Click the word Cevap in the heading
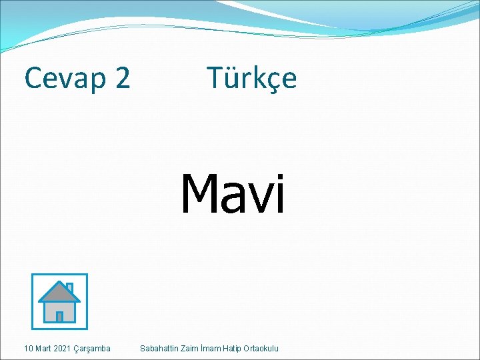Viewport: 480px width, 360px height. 64,79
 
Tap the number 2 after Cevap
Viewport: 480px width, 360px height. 122,78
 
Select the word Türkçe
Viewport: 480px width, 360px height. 251,78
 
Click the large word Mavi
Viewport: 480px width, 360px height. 233,194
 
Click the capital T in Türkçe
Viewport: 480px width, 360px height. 215,78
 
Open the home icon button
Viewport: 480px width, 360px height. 59,302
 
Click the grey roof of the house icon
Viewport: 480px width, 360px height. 57,292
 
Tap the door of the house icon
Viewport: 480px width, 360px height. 59,316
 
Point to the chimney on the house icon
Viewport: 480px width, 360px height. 69,287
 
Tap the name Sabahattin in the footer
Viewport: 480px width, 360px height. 159,349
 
